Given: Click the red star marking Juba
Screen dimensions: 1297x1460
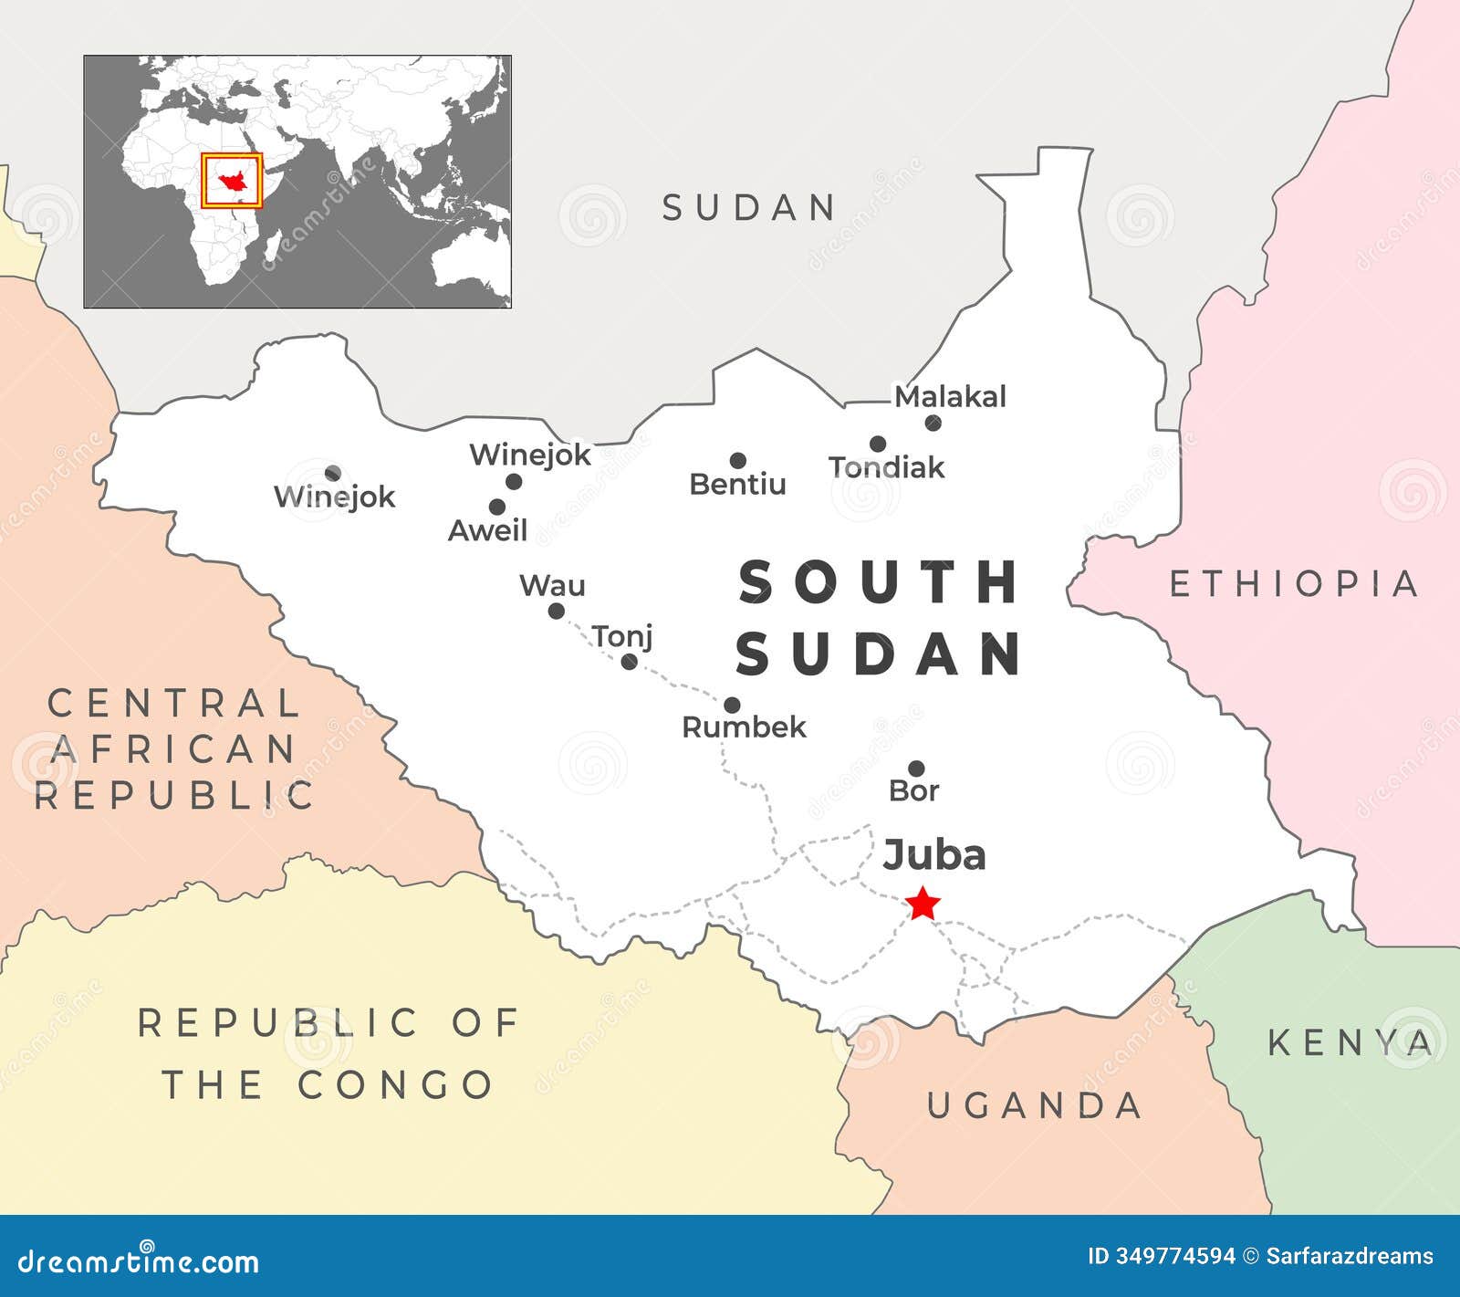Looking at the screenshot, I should (923, 904).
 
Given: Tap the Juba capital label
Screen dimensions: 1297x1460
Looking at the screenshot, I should (934, 855).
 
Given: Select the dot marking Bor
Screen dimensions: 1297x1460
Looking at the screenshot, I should (916, 769).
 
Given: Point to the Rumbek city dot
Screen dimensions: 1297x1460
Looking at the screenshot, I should (732, 705).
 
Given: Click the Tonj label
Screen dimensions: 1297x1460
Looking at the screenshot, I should (622, 635).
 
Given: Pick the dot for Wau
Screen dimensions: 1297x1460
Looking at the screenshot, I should (556, 611).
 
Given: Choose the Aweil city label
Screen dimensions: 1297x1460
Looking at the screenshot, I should (487, 530).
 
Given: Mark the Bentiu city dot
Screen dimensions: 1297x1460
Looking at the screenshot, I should (737, 461).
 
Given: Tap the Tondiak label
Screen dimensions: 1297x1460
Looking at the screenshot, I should (886, 467).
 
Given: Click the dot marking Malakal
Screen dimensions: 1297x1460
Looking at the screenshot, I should (933, 423).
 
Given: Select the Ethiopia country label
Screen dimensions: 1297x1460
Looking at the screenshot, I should (1293, 583).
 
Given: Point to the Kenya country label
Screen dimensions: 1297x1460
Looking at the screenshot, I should (1350, 1042).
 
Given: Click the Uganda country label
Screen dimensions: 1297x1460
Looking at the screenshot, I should (1035, 1105).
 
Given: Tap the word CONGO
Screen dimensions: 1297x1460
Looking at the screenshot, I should (395, 1084).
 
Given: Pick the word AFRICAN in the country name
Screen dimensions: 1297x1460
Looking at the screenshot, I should (173, 749).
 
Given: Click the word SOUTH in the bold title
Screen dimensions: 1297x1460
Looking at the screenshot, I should (879, 582).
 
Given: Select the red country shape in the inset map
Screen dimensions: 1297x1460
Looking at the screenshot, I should (232, 181).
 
